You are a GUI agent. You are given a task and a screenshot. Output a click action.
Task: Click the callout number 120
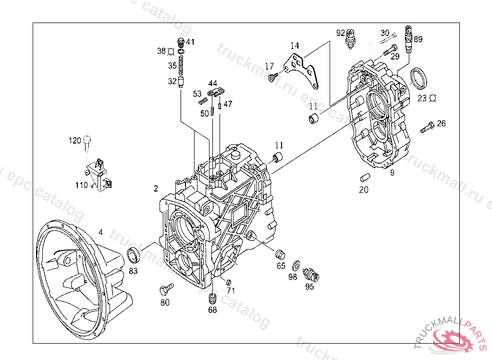75,141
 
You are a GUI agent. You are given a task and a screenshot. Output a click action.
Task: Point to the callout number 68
212,310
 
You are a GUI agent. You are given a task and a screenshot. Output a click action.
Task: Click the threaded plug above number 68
212,299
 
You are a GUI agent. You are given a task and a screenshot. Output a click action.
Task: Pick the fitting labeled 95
311,275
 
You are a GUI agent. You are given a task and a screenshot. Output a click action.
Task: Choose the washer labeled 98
296,264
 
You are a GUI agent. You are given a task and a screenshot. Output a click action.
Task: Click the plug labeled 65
280,253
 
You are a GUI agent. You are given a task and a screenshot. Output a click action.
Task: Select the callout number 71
231,290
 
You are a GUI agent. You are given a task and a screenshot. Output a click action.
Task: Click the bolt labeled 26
426,128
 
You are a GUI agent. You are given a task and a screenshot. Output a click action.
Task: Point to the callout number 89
418,39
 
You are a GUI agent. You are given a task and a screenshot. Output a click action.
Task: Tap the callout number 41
191,42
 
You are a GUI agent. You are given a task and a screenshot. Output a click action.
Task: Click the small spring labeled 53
202,101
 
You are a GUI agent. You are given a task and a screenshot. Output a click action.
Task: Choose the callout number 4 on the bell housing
100,232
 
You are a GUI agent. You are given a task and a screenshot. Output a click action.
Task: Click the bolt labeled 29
390,49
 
